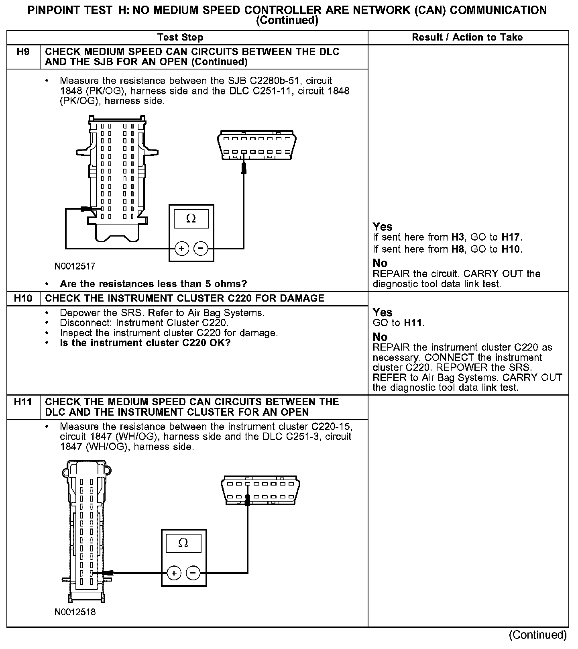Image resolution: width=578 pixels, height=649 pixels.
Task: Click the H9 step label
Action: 23,52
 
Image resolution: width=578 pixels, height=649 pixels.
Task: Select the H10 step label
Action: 23,298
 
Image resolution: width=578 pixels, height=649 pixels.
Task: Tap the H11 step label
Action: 23,402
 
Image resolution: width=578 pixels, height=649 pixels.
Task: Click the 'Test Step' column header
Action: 180,37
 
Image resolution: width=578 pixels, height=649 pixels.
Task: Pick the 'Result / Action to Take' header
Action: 467,37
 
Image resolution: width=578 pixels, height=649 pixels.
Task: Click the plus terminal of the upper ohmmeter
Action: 181,249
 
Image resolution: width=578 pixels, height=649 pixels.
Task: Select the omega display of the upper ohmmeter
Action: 191,219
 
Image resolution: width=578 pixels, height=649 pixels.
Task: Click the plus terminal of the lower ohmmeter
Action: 174,573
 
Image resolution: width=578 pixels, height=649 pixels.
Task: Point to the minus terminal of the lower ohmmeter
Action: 193,573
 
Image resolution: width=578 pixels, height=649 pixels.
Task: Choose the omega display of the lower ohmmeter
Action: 183,543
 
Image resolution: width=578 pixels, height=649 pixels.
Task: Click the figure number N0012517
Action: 75,266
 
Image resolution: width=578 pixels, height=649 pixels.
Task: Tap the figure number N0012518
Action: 75,612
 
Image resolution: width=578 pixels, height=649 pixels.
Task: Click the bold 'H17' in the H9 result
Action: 511,237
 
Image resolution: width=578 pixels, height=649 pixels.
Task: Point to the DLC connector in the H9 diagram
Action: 256,145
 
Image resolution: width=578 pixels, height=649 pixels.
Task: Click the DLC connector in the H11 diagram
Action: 261,491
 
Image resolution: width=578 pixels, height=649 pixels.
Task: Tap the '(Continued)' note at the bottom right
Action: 538,635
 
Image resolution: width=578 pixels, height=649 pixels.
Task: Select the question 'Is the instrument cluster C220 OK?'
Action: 145,343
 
